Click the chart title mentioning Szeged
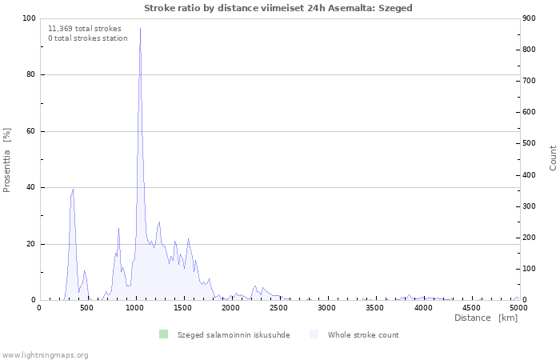pyautogui.click(x=278, y=8)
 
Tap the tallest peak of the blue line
pyautogui.click(x=140, y=28)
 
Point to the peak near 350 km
pyautogui.click(x=74, y=190)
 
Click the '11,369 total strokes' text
pyautogui.click(x=85, y=29)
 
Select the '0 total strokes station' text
pyautogui.click(x=88, y=38)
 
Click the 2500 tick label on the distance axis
pyautogui.click(x=278, y=308)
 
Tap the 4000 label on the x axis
pyautogui.click(x=423, y=308)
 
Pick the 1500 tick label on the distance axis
pyautogui.click(x=182, y=308)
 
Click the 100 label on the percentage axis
pyautogui.click(x=29, y=18)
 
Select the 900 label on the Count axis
pyautogui.click(x=530, y=18)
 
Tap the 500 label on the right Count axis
pyautogui.click(x=530, y=143)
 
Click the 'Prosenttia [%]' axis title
pyautogui.click(x=6, y=160)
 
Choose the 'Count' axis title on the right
pyautogui.click(x=553, y=158)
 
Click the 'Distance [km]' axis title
pyautogui.click(x=486, y=318)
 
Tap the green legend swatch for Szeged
pyautogui.click(x=163, y=334)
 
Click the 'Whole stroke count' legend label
pyautogui.click(x=363, y=335)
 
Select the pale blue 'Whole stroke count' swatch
pyautogui.click(x=314, y=334)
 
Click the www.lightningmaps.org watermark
pyautogui.click(x=44, y=355)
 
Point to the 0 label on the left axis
pyautogui.click(x=33, y=300)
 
